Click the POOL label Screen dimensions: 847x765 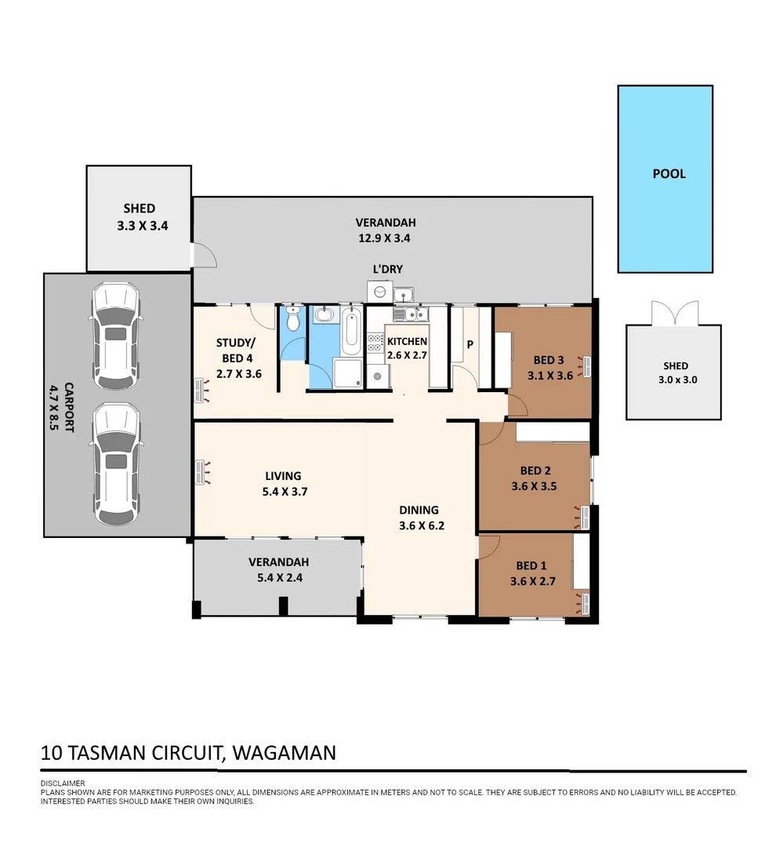tap(669, 174)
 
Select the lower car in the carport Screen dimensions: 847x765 tap(115, 465)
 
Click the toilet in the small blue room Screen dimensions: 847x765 tap(293, 319)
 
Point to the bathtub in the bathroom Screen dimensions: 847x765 tap(350, 332)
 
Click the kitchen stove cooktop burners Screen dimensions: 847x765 tap(375, 342)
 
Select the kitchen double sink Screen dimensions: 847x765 tap(411, 314)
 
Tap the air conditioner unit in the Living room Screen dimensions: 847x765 tap(201, 473)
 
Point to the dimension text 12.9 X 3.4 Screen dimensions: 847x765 tap(385, 238)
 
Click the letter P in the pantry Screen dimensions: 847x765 tap(470, 344)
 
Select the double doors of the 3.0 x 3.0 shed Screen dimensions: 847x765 tap(673, 314)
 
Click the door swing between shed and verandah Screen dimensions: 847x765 tap(203, 255)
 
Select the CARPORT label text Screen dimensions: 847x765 tap(70, 407)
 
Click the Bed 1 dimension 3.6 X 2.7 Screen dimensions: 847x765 tap(532, 582)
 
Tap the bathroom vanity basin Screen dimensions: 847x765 tap(324, 316)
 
